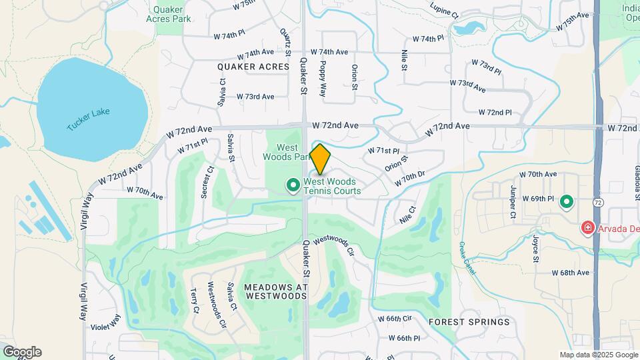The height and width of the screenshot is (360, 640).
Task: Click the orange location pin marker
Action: coord(320,159)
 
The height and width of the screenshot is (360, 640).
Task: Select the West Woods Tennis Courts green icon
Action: coord(292,185)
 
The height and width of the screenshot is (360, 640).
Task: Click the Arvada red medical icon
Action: coord(587,228)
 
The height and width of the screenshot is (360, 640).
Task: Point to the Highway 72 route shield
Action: coord(597,201)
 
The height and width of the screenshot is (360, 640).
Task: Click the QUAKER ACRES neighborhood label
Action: coord(253,67)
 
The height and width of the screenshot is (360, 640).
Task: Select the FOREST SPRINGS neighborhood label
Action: coord(469,322)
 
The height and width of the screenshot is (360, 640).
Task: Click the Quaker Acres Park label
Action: coord(171,14)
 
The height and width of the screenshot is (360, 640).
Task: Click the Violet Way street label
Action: coord(106,323)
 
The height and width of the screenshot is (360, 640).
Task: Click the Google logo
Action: coord(22,351)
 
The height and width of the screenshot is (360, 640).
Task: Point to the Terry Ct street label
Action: coord(195,301)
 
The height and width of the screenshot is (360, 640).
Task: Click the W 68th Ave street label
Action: coord(570,273)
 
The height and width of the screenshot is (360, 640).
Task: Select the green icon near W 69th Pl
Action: coord(567,201)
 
